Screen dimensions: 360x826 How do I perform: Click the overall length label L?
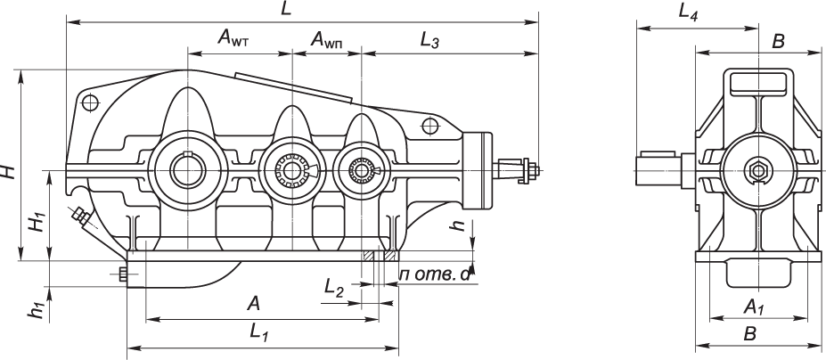(286, 9)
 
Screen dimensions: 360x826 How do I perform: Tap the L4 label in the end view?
(688, 12)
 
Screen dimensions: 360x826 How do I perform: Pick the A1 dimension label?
(755, 308)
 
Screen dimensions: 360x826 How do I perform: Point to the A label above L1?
(253, 304)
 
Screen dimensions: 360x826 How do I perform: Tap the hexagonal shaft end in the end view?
(758, 168)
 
